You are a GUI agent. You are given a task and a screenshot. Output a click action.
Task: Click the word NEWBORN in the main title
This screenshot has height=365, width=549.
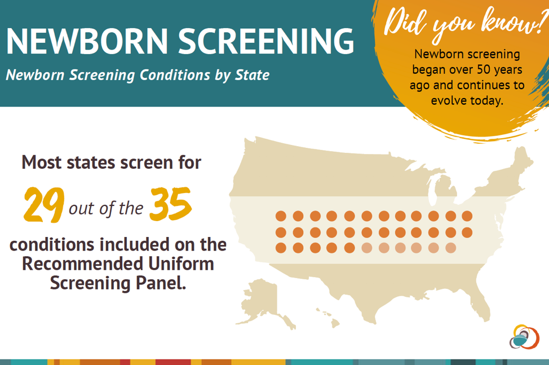[x=87, y=41]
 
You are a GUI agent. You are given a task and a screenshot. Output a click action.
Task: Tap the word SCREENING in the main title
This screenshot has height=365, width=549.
[x=267, y=41]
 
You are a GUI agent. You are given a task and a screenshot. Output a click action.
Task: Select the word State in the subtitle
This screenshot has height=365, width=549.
[x=252, y=74]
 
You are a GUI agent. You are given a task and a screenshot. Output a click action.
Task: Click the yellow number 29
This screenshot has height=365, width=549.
[x=44, y=205]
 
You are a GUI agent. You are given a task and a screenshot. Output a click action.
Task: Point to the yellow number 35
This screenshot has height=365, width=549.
[x=171, y=204]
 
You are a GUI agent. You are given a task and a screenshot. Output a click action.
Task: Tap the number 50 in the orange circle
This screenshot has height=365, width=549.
[x=484, y=69]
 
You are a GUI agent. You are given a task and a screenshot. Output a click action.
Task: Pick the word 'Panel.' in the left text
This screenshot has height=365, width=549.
[x=161, y=283]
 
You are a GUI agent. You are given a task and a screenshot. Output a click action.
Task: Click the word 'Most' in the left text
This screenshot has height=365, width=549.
[x=42, y=162]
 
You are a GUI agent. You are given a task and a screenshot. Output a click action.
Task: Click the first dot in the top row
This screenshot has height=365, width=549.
[x=281, y=216]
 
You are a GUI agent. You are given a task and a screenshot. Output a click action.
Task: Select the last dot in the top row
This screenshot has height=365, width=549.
[x=467, y=216]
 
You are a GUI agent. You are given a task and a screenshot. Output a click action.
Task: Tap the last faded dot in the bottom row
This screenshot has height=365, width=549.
[x=450, y=248]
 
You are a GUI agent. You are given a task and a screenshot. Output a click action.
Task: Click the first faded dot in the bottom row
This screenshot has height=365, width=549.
[x=366, y=248]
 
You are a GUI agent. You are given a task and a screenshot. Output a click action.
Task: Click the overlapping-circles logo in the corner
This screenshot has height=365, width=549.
[x=524, y=337]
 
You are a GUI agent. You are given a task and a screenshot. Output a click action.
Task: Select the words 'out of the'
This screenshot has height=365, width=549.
[x=106, y=208]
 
